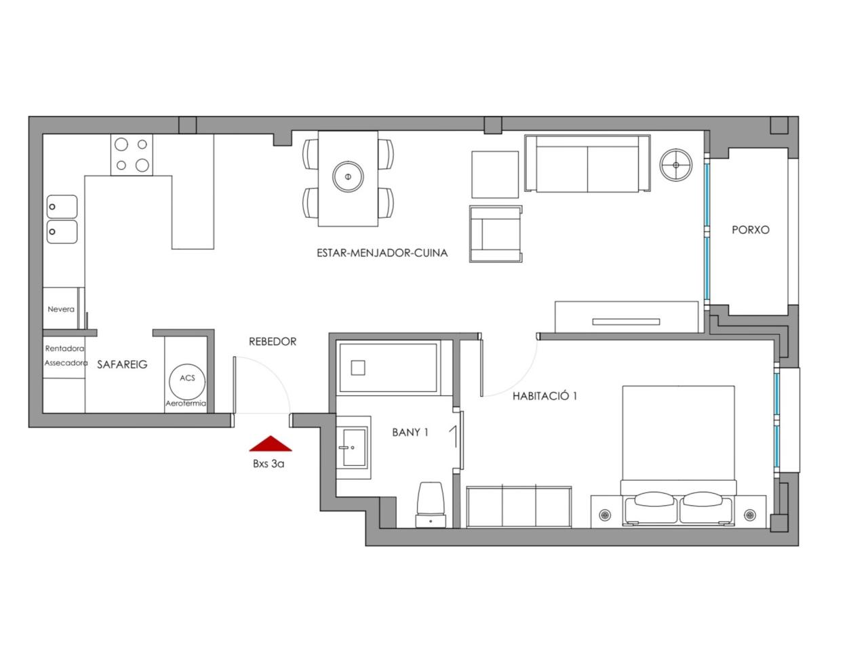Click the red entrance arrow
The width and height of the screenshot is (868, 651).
271,444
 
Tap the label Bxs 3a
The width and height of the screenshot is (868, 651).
269,464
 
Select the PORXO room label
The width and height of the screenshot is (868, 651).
750,230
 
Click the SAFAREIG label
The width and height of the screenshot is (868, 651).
122,364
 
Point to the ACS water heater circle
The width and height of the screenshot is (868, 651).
187,381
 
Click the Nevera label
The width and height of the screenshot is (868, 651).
61,309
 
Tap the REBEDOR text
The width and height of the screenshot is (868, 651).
273,342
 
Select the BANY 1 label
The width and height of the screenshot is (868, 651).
410,433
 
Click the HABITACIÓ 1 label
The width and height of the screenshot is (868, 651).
545,395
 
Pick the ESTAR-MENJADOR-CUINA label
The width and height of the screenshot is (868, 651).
382,253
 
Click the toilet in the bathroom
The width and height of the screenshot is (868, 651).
431,505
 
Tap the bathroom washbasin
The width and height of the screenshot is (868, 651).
353,448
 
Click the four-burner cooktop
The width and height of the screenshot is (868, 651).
132,155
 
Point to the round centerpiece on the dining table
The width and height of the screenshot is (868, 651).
348,176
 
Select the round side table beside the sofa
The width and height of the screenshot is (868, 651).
676,165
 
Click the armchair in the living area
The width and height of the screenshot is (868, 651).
496,233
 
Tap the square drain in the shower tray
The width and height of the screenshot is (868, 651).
358,368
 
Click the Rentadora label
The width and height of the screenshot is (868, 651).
64,349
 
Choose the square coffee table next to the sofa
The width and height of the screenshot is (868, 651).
495,174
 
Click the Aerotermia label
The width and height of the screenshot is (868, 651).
185,403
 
